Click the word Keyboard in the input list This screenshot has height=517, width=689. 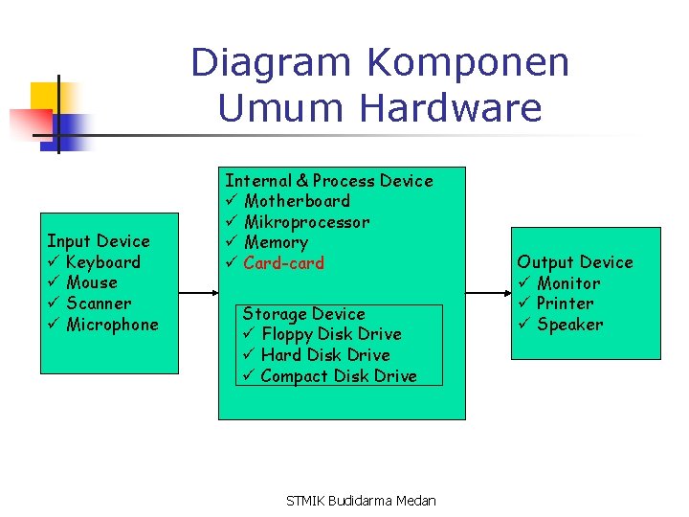103,262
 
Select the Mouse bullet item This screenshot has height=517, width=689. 92,282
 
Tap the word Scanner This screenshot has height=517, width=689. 99,303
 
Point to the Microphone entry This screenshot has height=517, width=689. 112,325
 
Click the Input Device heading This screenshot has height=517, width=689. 99,241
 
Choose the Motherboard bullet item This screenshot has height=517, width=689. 297,201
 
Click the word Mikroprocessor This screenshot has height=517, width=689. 306,222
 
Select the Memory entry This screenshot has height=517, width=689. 276,243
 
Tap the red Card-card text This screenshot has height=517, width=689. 283,263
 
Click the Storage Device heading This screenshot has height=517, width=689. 303,314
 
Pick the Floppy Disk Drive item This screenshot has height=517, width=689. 330,334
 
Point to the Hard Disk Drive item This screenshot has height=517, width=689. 324,355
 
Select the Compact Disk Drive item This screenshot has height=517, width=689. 338,376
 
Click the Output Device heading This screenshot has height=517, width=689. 575,262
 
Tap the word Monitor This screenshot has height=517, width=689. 568,283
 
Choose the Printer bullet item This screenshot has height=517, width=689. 565,303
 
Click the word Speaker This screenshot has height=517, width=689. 569,325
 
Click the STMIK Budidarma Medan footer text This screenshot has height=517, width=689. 362,501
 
